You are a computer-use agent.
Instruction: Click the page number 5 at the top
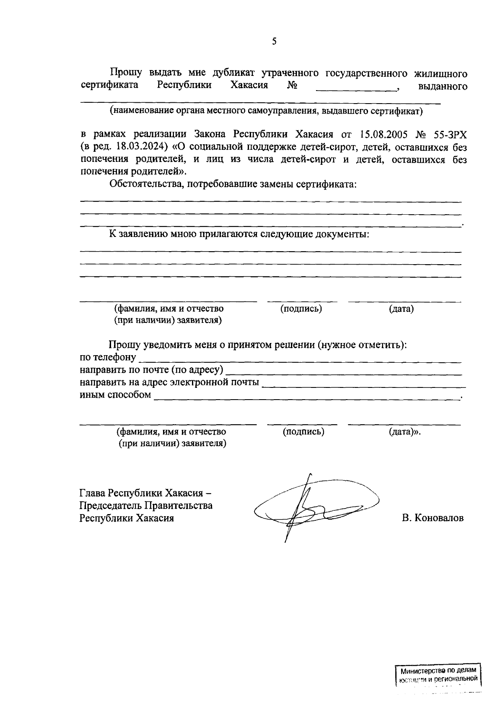tap(274, 41)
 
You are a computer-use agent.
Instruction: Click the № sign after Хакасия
tap(292, 86)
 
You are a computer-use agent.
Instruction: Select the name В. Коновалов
tap(433, 518)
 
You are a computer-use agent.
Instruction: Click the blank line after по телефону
tap(300, 360)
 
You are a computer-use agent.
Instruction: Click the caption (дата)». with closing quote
tap(404, 431)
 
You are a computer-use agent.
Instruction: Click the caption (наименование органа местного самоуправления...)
tap(266, 111)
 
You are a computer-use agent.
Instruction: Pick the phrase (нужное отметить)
tap(361, 345)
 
